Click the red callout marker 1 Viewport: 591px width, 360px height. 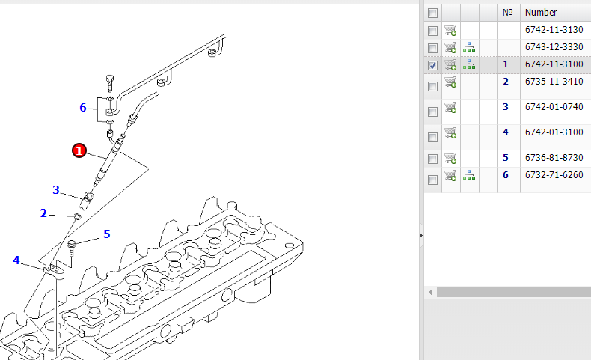(x=79, y=150)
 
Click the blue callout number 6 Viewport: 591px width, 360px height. (x=83, y=108)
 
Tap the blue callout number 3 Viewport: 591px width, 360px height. (x=56, y=189)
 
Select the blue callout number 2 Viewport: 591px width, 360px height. (x=43, y=213)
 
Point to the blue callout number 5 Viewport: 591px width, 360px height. (x=107, y=234)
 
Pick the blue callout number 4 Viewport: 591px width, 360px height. (x=16, y=260)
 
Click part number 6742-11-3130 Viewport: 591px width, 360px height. (x=554, y=30)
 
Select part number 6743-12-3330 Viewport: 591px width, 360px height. (x=554, y=47)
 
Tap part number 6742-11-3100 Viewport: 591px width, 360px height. (x=554, y=64)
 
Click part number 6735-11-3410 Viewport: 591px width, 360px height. (x=554, y=82)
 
